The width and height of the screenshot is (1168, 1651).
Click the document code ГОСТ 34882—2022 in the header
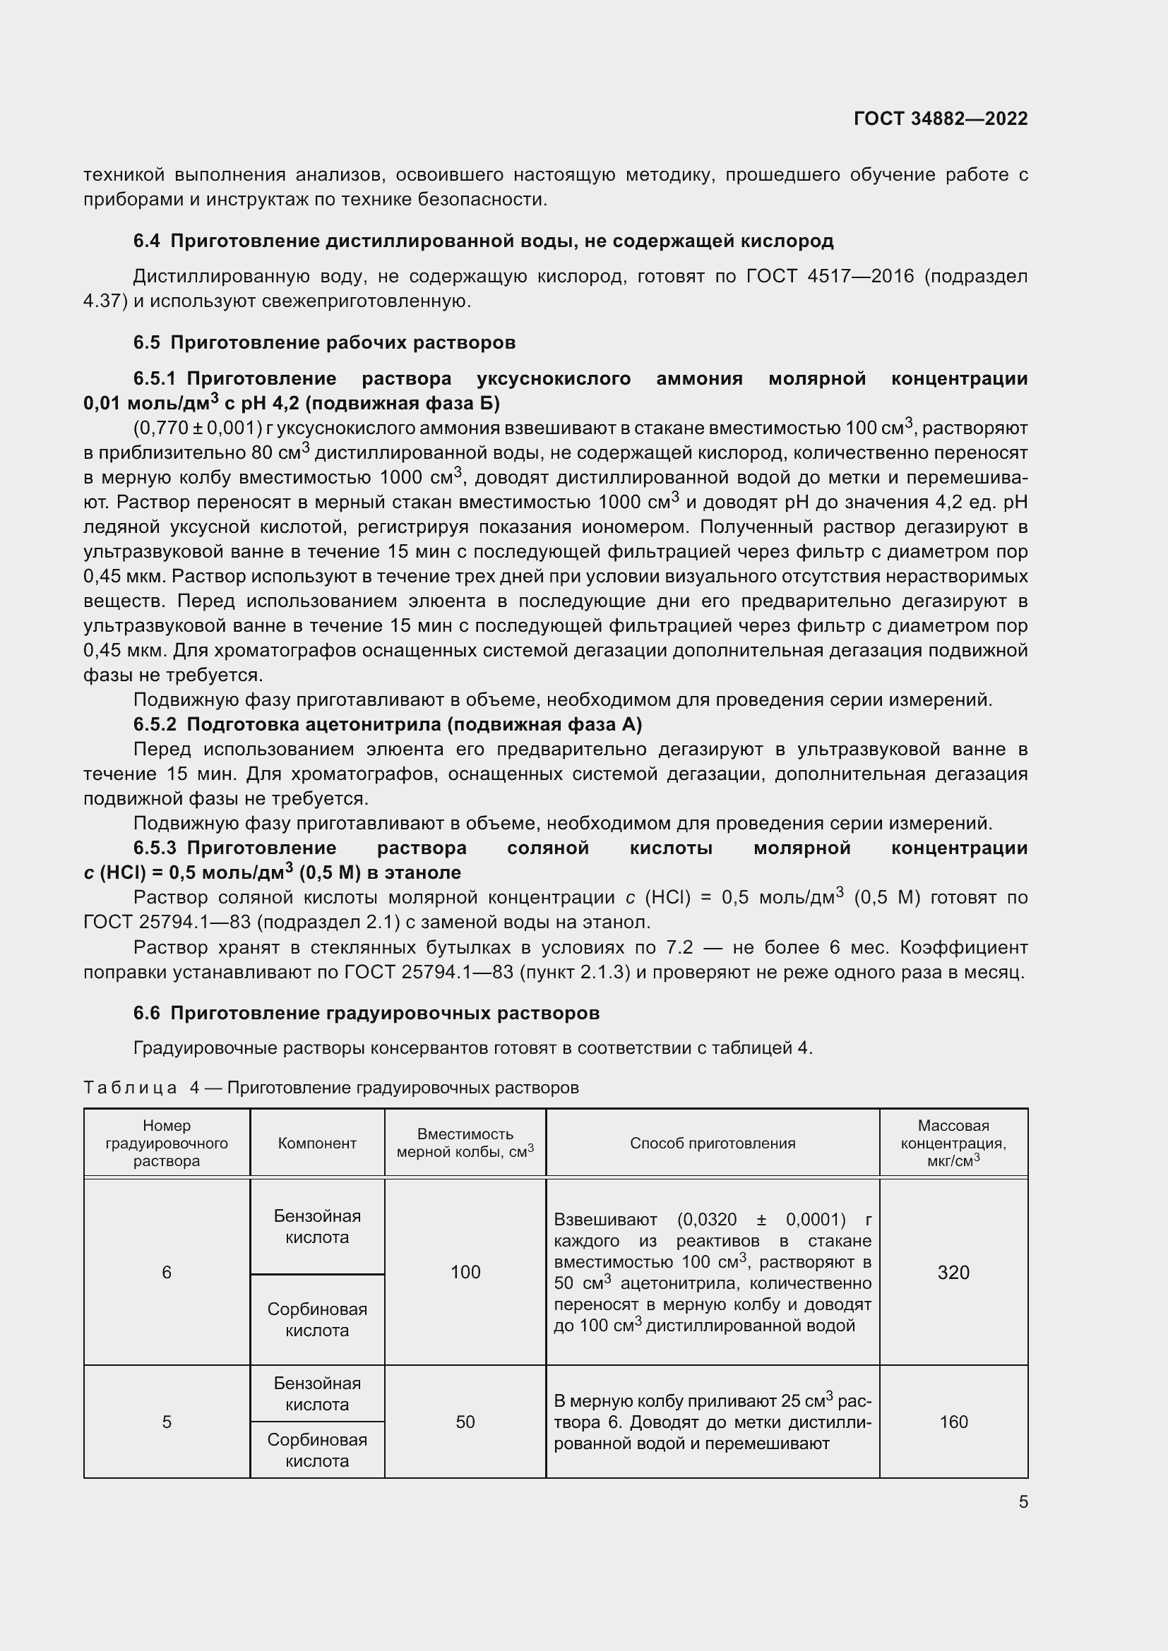pos(940,119)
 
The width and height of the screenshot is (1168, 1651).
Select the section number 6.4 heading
pos(147,241)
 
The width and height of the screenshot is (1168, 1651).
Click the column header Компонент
pos(317,1143)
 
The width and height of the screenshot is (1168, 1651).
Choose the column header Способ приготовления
pos(712,1143)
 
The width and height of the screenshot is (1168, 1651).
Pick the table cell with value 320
pos(953,1273)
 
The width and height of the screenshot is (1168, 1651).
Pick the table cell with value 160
pos(953,1422)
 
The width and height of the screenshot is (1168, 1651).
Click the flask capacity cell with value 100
pos(465,1272)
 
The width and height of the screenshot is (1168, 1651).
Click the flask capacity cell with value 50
pos(465,1422)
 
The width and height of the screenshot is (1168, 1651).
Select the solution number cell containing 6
pos(167,1273)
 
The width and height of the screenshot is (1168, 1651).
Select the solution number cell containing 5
pos(167,1422)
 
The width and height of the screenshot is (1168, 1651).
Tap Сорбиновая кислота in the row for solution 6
pos(317,1319)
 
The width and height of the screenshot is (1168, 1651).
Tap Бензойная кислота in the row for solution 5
pos(317,1393)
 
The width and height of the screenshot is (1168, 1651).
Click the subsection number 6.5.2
pos(155,724)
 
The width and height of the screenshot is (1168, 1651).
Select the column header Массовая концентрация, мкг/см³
pos(953,1143)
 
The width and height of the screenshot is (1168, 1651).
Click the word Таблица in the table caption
pos(130,1088)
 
